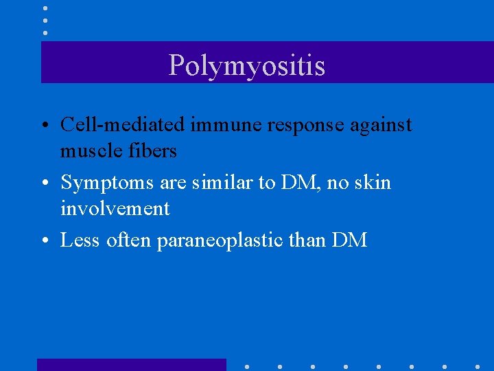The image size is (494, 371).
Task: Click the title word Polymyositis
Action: click(247, 66)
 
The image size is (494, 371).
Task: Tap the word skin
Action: click(372, 182)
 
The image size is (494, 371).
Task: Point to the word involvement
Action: click(115, 208)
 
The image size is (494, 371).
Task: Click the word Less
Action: click(80, 240)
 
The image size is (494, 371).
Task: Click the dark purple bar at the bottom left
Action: click(131, 364)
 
